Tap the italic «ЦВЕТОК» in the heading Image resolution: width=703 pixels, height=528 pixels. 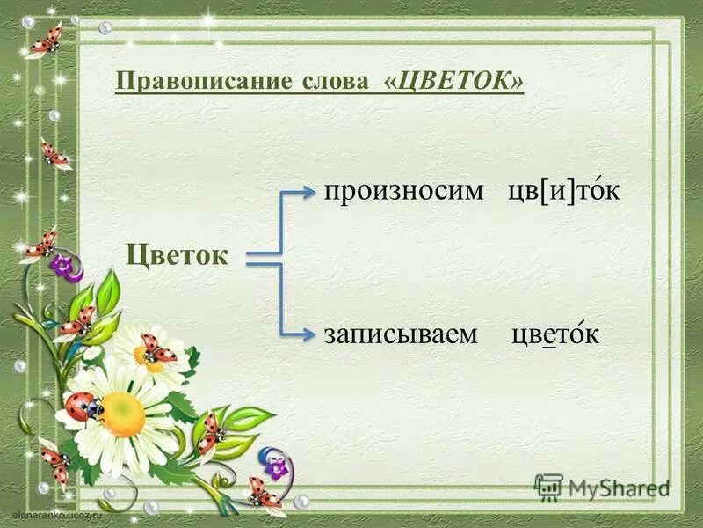coord(454,82)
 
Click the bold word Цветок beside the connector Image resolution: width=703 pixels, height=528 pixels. coord(178,254)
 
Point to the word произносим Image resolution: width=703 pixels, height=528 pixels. coord(404,191)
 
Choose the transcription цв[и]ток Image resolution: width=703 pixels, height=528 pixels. coord(563,191)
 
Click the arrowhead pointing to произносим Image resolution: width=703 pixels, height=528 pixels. coord(308,192)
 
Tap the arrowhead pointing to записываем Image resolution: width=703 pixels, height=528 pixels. coord(308,334)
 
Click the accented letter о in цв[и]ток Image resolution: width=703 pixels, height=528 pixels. coord(592,192)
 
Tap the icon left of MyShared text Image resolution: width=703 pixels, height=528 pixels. coord(548,488)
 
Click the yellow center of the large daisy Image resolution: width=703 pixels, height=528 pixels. coord(122,414)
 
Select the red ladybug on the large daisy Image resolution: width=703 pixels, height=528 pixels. coord(83,407)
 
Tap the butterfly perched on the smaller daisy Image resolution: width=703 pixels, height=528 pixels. coord(158,349)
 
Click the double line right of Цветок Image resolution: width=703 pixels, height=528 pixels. coord(263,257)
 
